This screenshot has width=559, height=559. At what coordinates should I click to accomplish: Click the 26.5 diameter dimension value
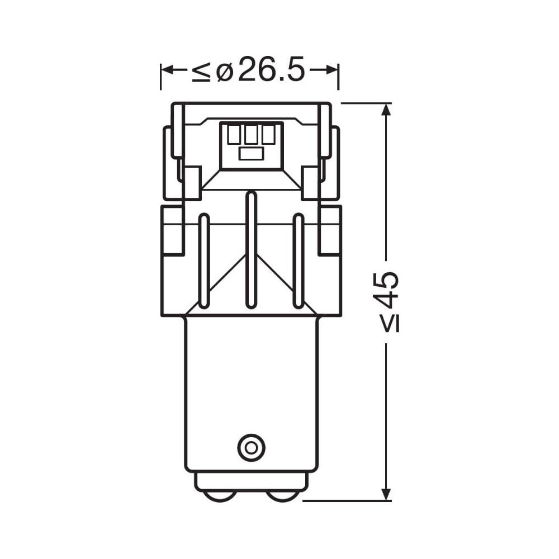coord(271,68)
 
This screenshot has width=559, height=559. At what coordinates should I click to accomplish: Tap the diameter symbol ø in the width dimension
coord(225,69)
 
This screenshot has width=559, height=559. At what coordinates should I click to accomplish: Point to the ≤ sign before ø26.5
coord(201,70)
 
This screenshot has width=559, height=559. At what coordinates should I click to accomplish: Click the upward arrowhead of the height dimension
coord(386,110)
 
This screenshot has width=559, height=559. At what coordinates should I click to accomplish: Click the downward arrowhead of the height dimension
coord(386,494)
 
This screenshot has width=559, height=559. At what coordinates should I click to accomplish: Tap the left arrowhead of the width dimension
coord(168,70)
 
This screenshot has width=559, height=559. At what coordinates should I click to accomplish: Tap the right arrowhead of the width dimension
coord(330,70)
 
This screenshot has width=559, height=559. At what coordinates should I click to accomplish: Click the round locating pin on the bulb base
coord(252,448)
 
